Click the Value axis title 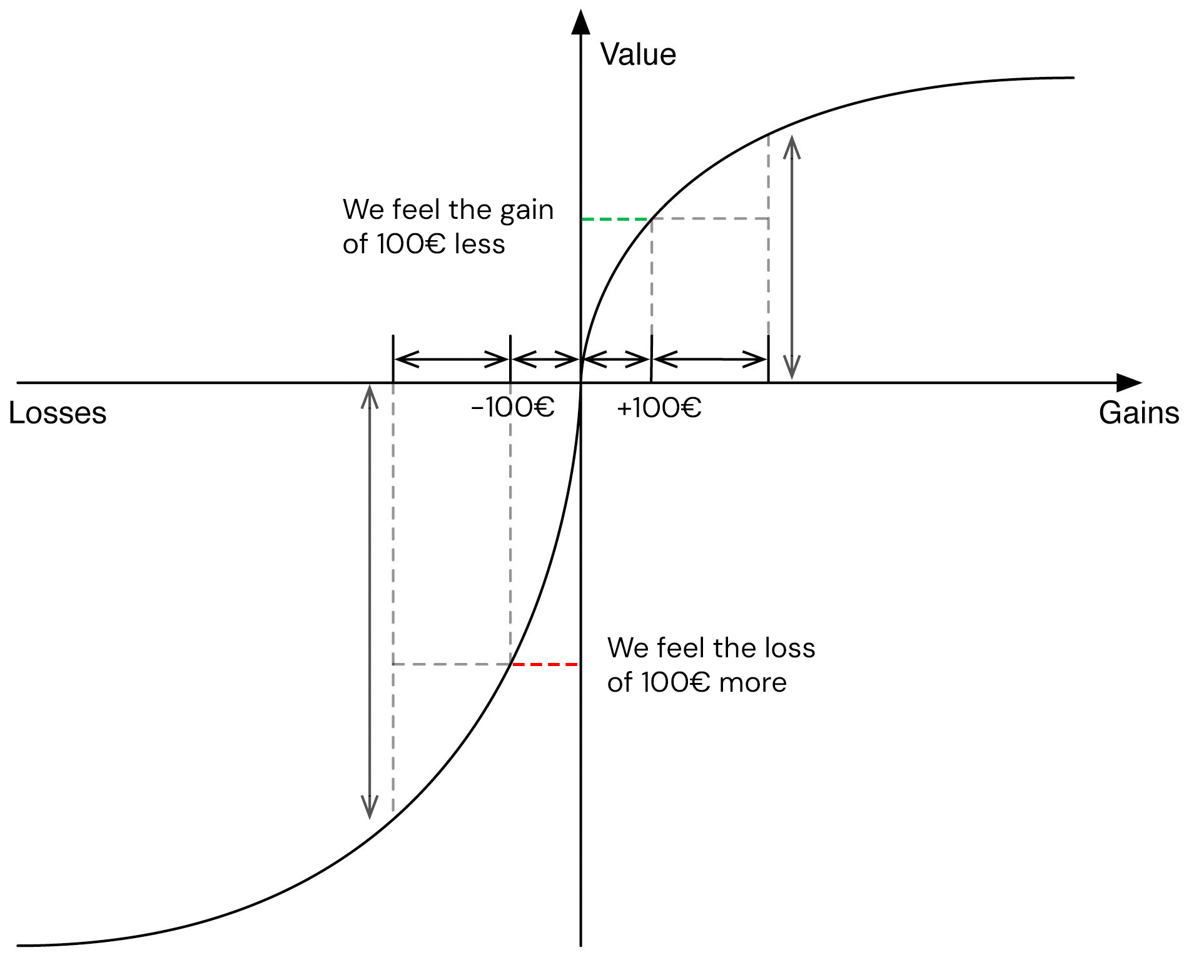pyautogui.click(x=638, y=55)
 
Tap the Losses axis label pyautogui.click(x=58, y=413)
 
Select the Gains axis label pyautogui.click(x=1138, y=413)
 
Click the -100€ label pyautogui.click(x=513, y=408)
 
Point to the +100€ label pyautogui.click(x=659, y=408)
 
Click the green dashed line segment pyautogui.click(x=616, y=219)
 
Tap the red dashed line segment pyautogui.click(x=545, y=664)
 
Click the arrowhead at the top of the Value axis pyautogui.click(x=581, y=22)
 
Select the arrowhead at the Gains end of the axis pyautogui.click(x=1128, y=383)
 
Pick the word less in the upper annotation pyautogui.click(x=480, y=244)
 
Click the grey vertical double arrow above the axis pyautogui.click(x=792, y=257)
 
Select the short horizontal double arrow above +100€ pyautogui.click(x=616, y=360)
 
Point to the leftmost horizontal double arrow pyautogui.click(x=452, y=360)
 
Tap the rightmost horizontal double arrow pyautogui.click(x=710, y=360)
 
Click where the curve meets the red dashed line pyautogui.click(x=512, y=664)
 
